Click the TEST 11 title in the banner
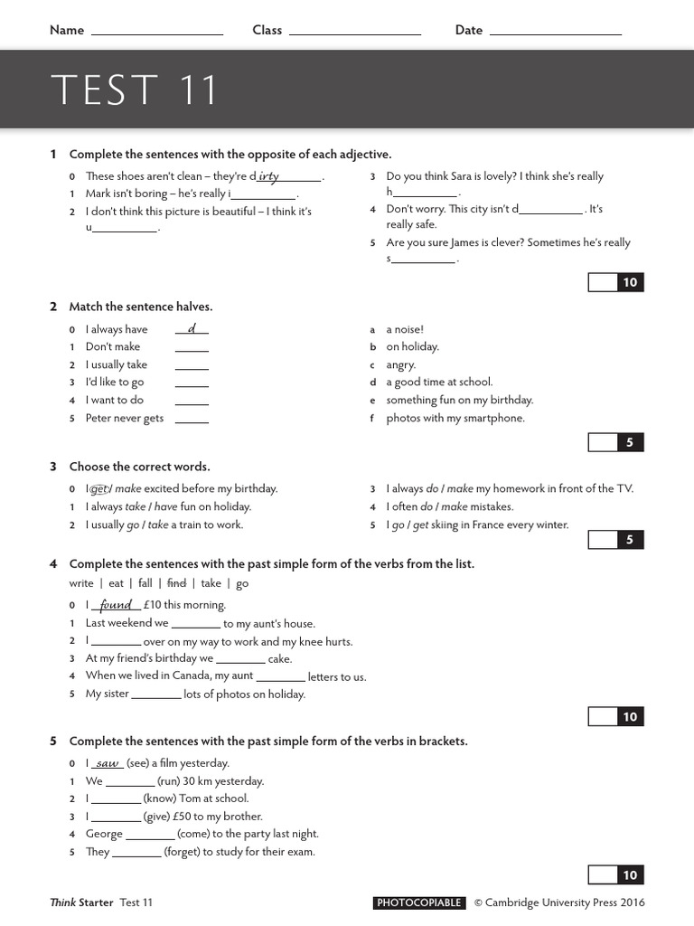(135, 90)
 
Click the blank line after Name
(157, 32)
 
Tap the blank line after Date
(555, 32)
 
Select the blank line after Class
(355, 32)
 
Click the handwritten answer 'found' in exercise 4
(117, 605)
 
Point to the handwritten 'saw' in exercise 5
(108, 763)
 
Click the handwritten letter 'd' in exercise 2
(192, 329)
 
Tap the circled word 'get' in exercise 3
(99, 489)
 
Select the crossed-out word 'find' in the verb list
(177, 584)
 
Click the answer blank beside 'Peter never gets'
(192, 420)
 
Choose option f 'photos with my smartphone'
(455, 418)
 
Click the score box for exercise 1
(603, 282)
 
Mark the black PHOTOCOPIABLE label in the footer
(419, 902)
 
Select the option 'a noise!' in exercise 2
(404, 330)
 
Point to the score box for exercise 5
(603, 874)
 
